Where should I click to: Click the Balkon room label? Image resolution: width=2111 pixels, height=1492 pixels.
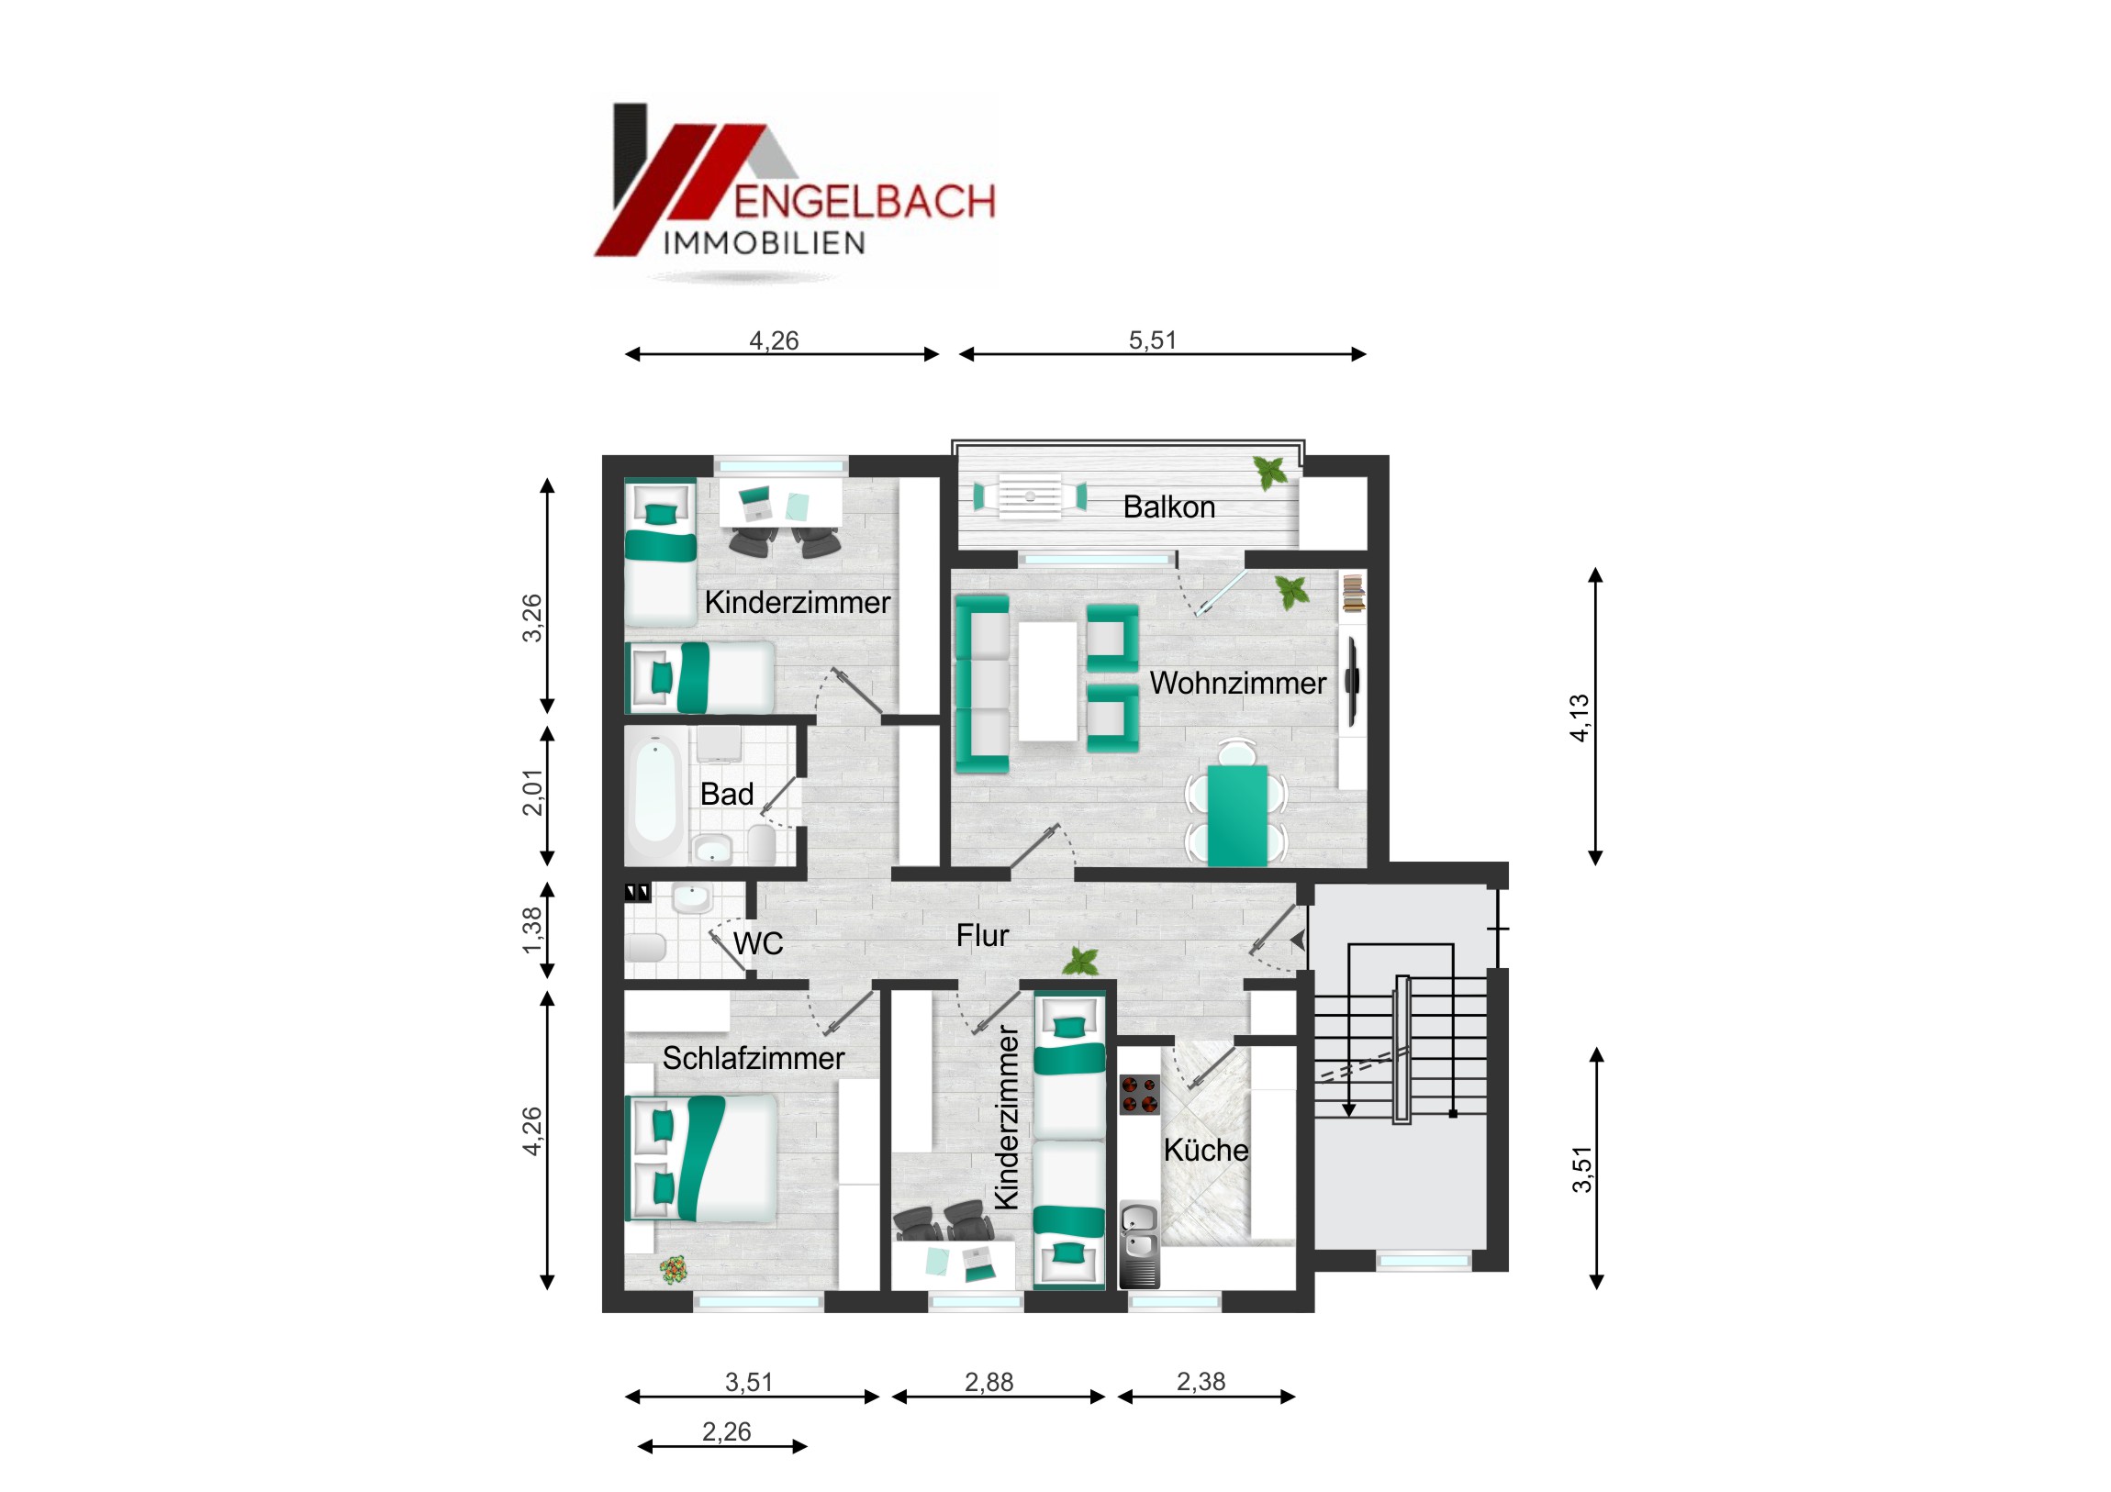(1168, 507)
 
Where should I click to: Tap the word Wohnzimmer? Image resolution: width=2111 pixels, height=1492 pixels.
(1237, 683)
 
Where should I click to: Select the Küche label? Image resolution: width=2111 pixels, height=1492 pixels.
(1205, 1150)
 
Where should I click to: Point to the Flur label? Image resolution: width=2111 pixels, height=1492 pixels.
(982, 936)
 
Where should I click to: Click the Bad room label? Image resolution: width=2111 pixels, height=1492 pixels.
(726, 795)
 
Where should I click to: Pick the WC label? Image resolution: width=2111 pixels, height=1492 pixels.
(758, 943)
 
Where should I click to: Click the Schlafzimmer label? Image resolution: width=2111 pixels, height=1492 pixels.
(753, 1058)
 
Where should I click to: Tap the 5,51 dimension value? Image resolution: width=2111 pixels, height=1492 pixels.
(1152, 340)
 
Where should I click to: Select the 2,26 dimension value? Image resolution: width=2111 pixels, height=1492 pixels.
(726, 1431)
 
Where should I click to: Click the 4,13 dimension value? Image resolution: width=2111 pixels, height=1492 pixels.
(1579, 718)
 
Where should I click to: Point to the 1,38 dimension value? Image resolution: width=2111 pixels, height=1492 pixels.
(532, 930)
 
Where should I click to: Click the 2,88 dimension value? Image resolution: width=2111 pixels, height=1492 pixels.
(988, 1382)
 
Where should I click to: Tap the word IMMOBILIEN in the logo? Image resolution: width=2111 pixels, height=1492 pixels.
(764, 243)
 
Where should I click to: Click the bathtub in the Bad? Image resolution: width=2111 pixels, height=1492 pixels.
(655, 794)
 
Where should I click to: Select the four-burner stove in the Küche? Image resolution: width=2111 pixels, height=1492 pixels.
(1139, 1095)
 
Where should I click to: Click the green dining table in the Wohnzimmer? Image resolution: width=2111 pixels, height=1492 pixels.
(1237, 816)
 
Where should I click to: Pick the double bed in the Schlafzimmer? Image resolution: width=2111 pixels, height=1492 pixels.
(701, 1158)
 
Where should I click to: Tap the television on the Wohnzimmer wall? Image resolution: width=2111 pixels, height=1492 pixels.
(1352, 681)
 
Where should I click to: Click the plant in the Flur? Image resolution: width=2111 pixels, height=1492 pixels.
(1081, 962)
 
